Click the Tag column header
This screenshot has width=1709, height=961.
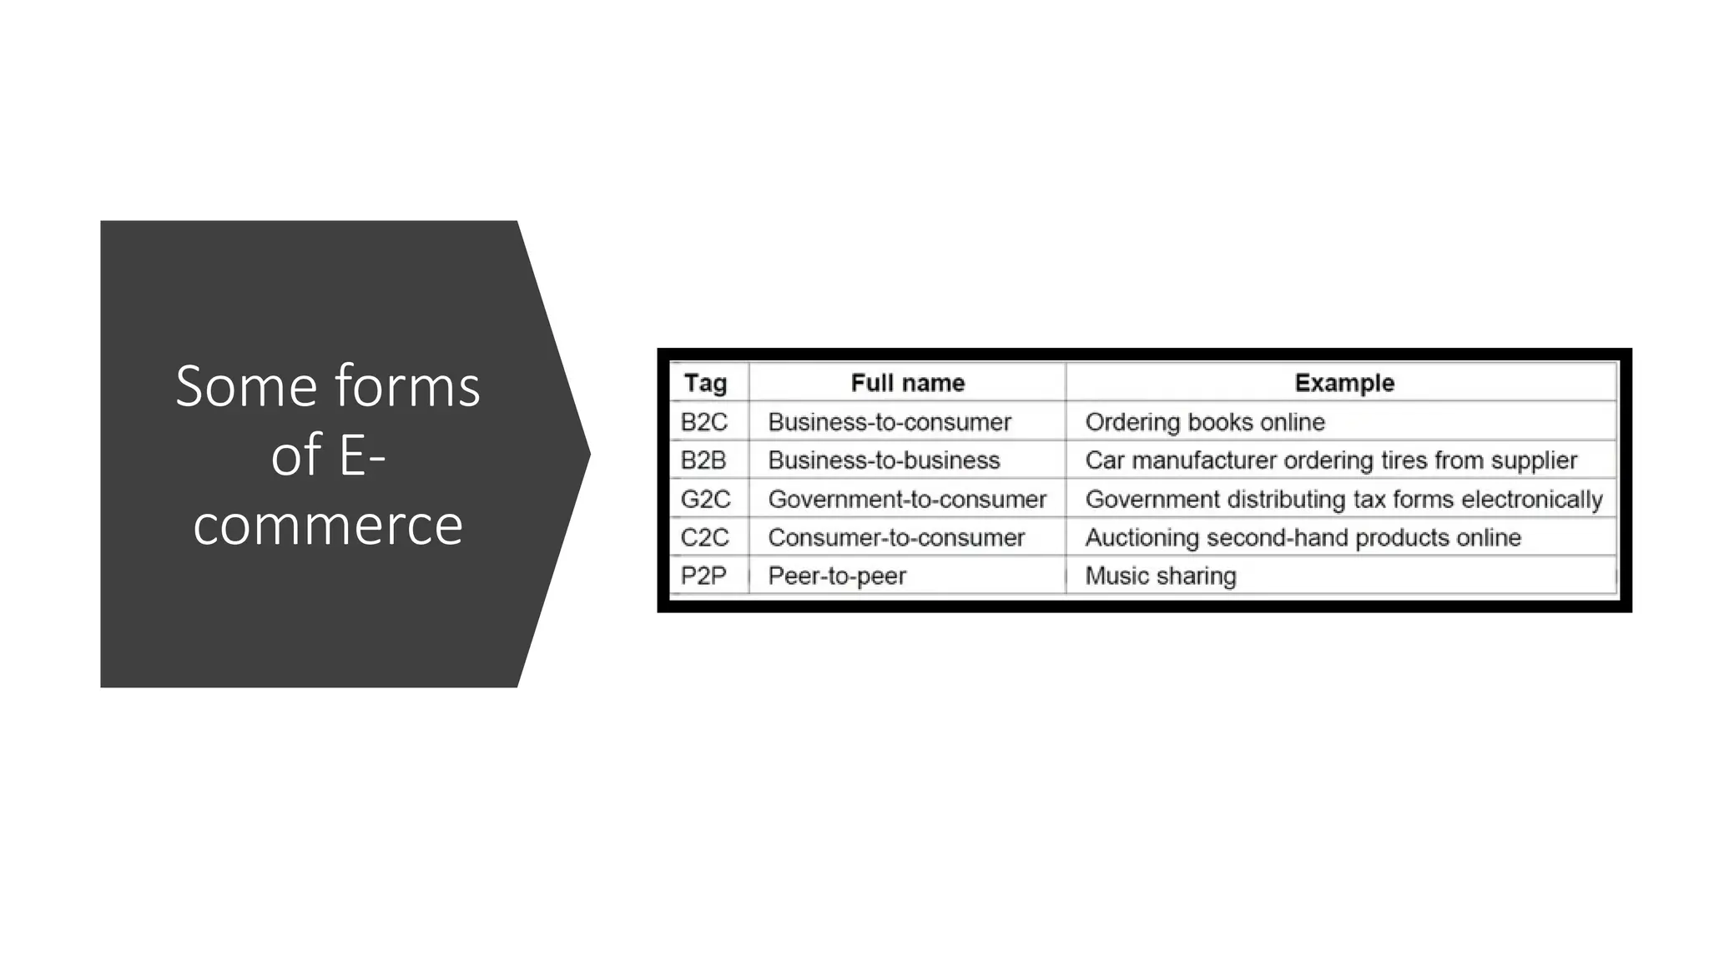click(705, 383)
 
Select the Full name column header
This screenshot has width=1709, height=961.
click(907, 383)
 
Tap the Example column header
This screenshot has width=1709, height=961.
click(1344, 383)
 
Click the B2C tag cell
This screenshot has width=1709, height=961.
click(704, 422)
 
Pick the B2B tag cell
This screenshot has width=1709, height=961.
click(703, 460)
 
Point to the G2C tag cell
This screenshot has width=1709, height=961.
click(705, 499)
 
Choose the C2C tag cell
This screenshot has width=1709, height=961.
click(704, 537)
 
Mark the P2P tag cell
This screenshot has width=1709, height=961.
click(703, 576)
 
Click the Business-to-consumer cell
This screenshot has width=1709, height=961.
click(890, 422)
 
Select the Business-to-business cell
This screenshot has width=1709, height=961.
click(884, 460)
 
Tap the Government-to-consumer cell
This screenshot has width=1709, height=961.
click(907, 499)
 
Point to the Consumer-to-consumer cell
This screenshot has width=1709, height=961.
click(896, 537)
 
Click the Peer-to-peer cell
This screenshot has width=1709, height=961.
click(837, 576)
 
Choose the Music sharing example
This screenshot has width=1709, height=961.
click(1161, 576)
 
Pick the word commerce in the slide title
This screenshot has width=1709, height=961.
click(328, 525)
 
